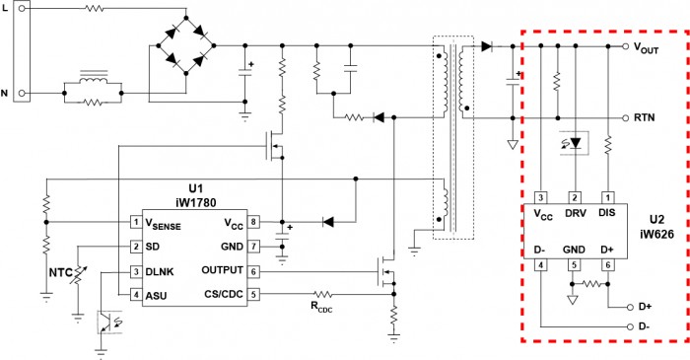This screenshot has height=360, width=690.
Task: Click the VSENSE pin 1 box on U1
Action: pyautogui.click(x=136, y=222)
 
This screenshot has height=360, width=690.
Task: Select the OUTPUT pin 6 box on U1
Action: pyautogui.click(x=253, y=272)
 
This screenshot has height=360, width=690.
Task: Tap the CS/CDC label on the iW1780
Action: pyautogui.click(x=224, y=294)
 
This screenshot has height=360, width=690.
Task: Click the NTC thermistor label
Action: pyautogui.click(x=60, y=273)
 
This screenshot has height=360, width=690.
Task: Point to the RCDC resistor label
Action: pyautogui.click(x=321, y=307)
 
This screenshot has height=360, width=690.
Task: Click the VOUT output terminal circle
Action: pyautogui.click(x=625, y=46)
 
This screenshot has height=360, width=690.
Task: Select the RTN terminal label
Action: pyautogui.click(x=645, y=117)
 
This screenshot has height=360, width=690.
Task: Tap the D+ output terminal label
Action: pyautogui.click(x=645, y=307)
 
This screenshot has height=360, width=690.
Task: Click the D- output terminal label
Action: pyautogui.click(x=645, y=326)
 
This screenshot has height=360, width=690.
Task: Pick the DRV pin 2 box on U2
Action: pyautogui.click(x=575, y=198)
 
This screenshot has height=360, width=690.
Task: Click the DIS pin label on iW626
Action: pyautogui.click(x=607, y=213)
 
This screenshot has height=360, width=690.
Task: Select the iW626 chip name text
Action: pyautogui.click(x=657, y=234)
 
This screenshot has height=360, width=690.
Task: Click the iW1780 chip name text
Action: pyautogui.click(x=196, y=202)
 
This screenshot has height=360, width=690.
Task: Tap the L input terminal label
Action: pyautogui.click(x=5, y=8)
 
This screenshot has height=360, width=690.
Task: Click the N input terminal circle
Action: pyautogui.click(x=21, y=94)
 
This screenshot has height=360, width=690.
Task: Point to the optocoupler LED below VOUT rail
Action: pyautogui.click(x=575, y=143)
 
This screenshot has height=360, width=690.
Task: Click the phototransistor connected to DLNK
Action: pyautogui.click(x=109, y=323)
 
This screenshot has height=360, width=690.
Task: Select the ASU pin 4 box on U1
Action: pyautogui.click(x=136, y=295)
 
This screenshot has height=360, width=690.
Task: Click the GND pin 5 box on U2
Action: pyautogui.click(x=574, y=265)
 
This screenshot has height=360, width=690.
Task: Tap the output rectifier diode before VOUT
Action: pyautogui.click(x=486, y=45)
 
